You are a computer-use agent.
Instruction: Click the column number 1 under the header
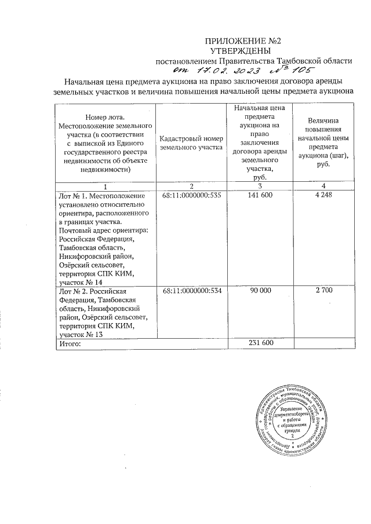(x=105, y=186)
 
